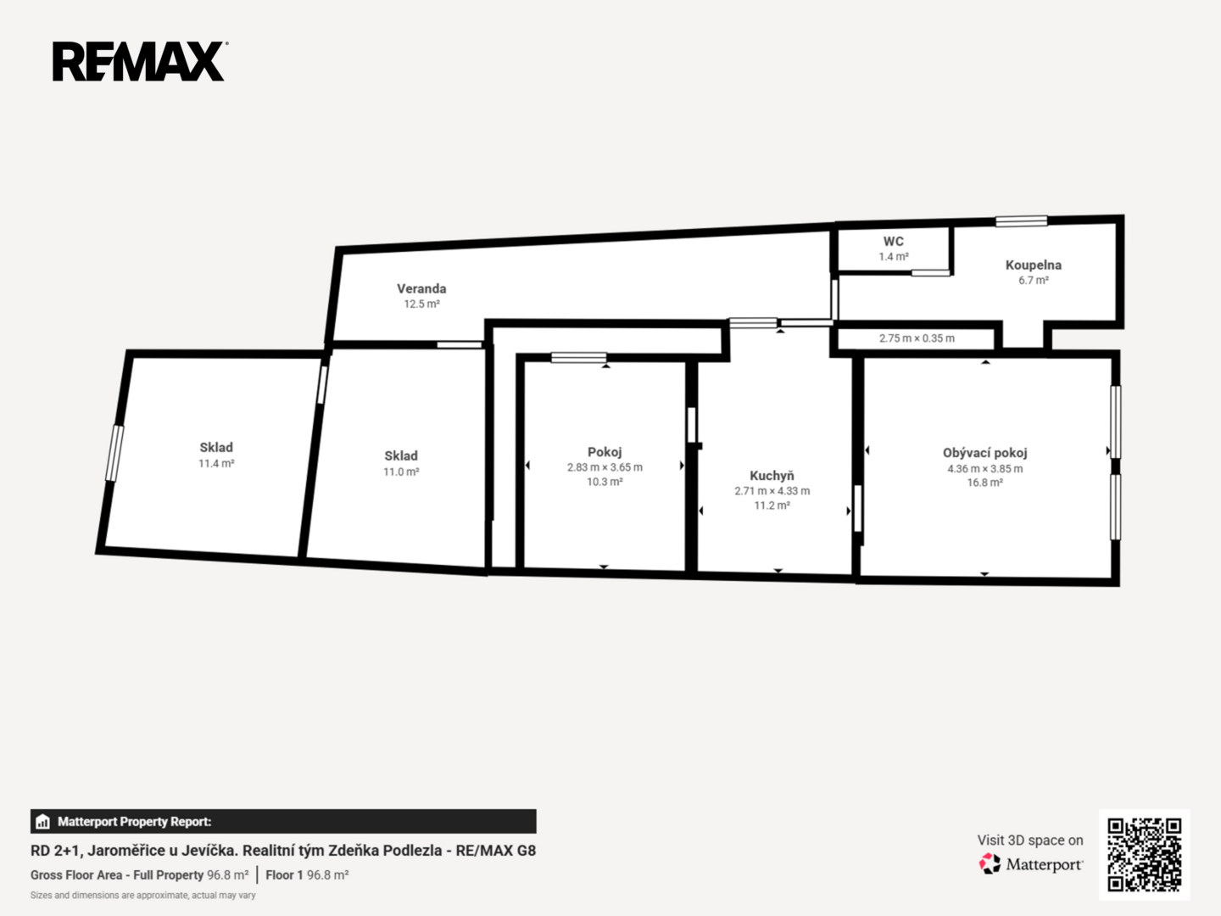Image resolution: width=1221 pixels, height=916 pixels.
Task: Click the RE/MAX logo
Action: (x=140, y=61)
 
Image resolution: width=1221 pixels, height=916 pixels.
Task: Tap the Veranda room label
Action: (x=421, y=288)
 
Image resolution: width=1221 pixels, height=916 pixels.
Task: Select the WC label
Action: (x=894, y=242)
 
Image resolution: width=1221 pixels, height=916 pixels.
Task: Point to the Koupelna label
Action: (x=1033, y=265)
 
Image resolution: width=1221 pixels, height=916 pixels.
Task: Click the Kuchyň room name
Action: (x=772, y=476)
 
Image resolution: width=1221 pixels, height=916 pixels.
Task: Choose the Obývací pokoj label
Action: (x=984, y=453)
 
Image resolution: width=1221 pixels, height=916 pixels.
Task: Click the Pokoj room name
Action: (x=604, y=452)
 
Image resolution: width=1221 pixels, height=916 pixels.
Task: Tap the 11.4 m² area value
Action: (x=216, y=463)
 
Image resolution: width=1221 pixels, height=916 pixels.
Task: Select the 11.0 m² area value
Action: (x=400, y=472)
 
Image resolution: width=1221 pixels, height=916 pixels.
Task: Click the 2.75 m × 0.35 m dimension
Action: (x=917, y=338)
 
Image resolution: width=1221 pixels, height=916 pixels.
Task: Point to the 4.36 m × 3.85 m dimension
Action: (x=984, y=468)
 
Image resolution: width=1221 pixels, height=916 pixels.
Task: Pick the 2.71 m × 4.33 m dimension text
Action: (x=772, y=491)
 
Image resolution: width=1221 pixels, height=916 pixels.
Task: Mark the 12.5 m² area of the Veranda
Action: (x=421, y=304)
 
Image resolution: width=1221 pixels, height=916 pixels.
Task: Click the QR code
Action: (x=1144, y=854)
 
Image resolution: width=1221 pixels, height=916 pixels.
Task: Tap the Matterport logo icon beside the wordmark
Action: (x=990, y=863)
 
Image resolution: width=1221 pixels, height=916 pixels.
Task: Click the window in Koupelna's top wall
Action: (x=1021, y=221)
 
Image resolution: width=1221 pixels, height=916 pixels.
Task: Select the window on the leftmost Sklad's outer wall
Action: (x=114, y=453)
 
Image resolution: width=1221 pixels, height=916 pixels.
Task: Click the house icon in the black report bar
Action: (x=43, y=822)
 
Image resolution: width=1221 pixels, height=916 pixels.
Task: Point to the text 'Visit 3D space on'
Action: (x=1030, y=841)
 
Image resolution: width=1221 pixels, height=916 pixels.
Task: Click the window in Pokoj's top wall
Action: (x=578, y=358)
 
